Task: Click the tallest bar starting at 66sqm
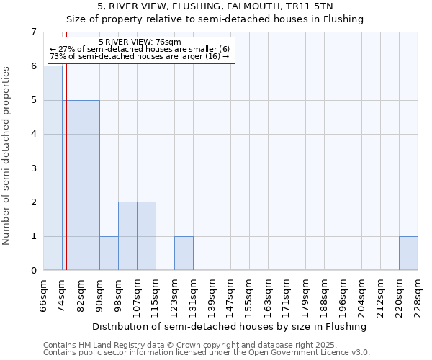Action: [53, 168]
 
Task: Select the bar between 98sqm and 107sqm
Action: [127, 236]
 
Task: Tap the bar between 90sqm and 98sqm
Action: [109, 253]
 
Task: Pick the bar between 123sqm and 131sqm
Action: [184, 253]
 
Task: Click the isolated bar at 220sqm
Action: [408, 253]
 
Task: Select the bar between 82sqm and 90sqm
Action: [90, 185]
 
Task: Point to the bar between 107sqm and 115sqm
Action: [146, 236]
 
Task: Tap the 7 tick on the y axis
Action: [32, 32]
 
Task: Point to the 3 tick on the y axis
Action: [32, 168]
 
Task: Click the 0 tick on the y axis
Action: [32, 271]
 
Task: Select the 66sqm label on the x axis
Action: [43, 294]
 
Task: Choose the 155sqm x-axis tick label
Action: [249, 295]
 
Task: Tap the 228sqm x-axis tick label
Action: [418, 295]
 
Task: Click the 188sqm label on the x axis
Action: [324, 295]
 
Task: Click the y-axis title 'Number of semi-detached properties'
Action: [7, 156]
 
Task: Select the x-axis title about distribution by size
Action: [230, 326]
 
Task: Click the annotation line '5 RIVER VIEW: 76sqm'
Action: [140, 42]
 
